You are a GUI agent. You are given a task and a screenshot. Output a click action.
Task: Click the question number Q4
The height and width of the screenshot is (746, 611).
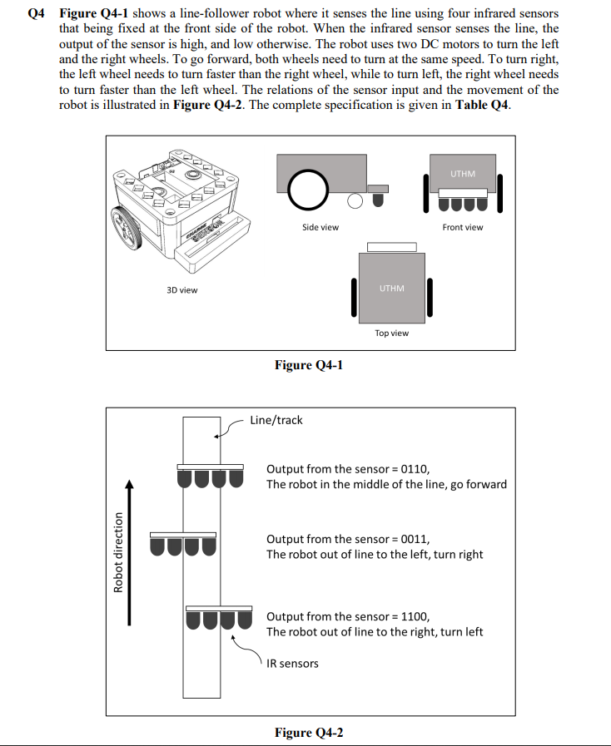click(x=36, y=14)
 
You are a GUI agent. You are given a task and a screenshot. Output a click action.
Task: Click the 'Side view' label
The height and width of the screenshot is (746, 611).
click(x=320, y=227)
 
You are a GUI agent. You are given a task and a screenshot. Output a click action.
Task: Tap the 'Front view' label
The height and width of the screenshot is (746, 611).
click(x=462, y=227)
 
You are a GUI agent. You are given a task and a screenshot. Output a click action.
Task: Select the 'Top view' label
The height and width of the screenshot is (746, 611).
click(x=391, y=333)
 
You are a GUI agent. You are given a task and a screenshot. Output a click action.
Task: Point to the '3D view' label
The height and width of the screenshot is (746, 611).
click(x=182, y=289)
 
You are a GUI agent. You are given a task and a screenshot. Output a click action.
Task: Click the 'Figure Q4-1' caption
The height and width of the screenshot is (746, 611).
click(x=308, y=365)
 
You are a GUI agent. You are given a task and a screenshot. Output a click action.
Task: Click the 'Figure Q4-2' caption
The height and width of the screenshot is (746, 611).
click(x=308, y=732)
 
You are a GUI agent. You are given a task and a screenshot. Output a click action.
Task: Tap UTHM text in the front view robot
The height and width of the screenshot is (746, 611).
click(x=463, y=174)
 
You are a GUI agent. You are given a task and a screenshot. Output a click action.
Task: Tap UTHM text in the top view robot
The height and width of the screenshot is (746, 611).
click(x=391, y=289)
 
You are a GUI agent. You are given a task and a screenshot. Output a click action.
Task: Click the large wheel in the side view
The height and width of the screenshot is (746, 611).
click(x=307, y=190)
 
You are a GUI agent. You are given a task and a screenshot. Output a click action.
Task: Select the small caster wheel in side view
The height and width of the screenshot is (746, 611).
click(x=355, y=200)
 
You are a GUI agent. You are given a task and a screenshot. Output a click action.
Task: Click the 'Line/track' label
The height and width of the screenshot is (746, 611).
click(x=276, y=420)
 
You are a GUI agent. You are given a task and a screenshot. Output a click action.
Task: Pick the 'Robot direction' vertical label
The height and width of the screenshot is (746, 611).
click(x=117, y=551)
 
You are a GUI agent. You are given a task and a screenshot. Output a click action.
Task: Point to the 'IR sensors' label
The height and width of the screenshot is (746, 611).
click(x=292, y=663)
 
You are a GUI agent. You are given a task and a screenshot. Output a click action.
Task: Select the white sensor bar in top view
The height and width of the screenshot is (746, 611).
click(x=391, y=247)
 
